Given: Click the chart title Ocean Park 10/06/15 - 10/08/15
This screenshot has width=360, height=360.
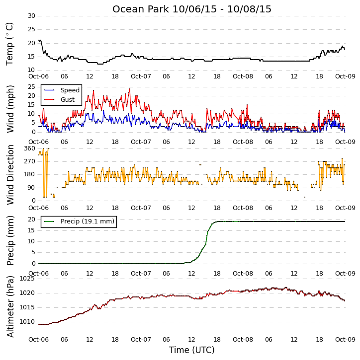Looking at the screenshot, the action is (192, 9).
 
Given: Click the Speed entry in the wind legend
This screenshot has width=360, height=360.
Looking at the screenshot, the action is (70, 90).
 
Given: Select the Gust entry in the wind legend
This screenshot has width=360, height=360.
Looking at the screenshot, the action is (68, 100).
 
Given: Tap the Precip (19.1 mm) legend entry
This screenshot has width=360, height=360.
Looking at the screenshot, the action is (88, 221).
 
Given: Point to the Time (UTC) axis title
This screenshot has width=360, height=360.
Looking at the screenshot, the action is (192, 350).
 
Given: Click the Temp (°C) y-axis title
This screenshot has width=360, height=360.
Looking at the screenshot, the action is (9, 44).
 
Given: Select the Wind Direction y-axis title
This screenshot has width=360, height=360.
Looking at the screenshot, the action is (10, 175).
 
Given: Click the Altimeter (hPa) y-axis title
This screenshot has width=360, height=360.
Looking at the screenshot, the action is (10, 306).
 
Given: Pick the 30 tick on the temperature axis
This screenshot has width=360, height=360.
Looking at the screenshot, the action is (31, 16).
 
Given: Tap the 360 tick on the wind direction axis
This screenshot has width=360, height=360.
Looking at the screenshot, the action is (30, 148).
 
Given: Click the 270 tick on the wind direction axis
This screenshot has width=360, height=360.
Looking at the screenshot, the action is (30, 161).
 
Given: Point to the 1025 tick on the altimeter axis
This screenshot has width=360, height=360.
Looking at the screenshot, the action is (27, 279).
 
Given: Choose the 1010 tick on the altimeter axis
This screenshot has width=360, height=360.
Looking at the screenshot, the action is (27, 322).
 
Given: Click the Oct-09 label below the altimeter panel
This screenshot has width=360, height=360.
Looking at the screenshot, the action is (345, 339).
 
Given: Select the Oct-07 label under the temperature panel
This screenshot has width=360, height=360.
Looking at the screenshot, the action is (141, 76).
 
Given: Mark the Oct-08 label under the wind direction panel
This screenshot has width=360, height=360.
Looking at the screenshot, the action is (243, 208).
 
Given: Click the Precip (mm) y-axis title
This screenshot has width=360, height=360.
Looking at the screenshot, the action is (10, 241).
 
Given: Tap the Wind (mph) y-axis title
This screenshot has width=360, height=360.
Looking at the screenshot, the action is (10, 109).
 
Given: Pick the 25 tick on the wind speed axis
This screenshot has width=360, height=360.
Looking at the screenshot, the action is (31, 87).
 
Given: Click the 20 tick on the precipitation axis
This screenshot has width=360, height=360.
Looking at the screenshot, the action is (31, 219).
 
